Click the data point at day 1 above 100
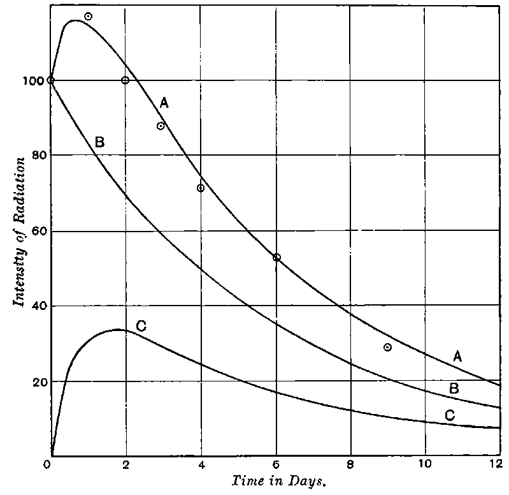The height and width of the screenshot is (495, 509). tap(88, 16)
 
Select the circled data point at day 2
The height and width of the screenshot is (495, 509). tap(125, 80)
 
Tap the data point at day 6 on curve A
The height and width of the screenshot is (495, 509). tap(276, 257)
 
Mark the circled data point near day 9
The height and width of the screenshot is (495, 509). tap(387, 347)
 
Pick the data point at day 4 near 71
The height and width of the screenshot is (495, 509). tap(201, 188)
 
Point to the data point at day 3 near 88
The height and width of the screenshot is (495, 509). tap(161, 126)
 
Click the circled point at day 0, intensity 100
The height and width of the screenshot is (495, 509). tap(51, 80)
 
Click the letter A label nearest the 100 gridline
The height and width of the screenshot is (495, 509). tap(164, 103)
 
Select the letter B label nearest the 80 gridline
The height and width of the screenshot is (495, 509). tap(99, 142)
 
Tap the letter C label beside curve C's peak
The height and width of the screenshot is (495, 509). tap(141, 326)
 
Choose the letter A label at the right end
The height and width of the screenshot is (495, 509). tap(457, 357)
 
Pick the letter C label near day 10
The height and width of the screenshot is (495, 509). tap(449, 415)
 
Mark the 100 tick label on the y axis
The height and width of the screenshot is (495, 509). tap(29, 80)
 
